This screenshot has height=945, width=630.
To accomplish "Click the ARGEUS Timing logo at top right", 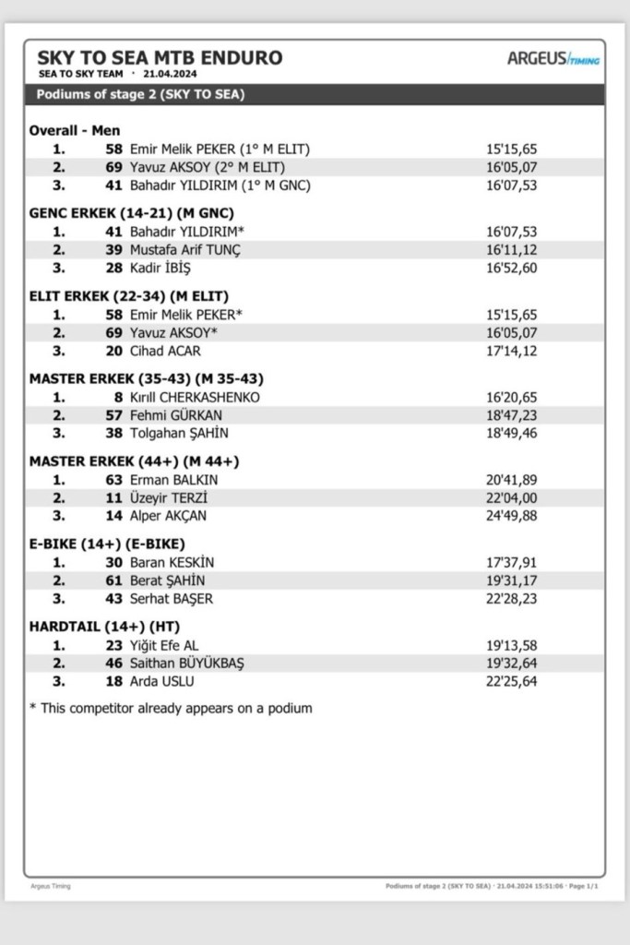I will click(553, 58).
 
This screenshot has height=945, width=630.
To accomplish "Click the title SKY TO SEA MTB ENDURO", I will click(159, 57).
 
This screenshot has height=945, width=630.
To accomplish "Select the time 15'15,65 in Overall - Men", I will click(511, 149).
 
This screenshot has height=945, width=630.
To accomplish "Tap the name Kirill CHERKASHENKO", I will click(195, 397).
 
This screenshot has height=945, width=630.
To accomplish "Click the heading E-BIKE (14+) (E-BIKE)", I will click(105, 544).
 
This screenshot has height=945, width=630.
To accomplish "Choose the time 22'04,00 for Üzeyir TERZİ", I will click(511, 498).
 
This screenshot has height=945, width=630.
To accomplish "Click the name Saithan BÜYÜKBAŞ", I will click(186, 664).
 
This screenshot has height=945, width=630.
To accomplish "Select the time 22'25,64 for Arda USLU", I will click(511, 682).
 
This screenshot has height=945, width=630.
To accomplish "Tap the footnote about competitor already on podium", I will click(171, 709).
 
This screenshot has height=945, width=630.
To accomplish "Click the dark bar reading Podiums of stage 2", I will click(314, 94).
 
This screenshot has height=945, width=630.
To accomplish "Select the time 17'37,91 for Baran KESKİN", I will click(511, 562).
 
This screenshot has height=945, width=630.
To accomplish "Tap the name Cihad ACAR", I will click(165, 351).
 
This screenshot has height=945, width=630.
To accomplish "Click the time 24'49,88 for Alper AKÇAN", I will click(511, 516).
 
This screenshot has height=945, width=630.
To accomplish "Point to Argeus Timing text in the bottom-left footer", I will click(50, 886).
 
